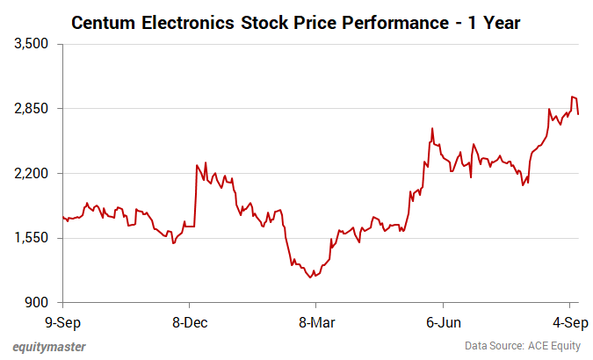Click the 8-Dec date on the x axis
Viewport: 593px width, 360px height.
190,321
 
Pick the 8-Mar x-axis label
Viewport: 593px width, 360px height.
316,321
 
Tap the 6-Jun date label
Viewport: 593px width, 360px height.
443,321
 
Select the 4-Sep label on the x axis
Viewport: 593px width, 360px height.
571,321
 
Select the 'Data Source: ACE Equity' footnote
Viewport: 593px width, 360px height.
522,346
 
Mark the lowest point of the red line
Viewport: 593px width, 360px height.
309,277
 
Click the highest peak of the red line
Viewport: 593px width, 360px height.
572,97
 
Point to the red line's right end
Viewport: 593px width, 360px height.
578,114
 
